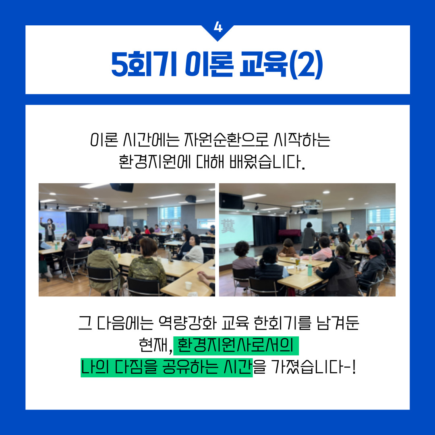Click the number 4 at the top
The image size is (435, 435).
click(218, 27)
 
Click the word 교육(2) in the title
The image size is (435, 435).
click(281, 64)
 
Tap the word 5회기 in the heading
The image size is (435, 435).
click(144, 64)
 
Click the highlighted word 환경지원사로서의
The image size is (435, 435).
click(235, 346)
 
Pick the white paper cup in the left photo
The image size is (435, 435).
click(188, 286)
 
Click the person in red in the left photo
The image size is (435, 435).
click(147, 230)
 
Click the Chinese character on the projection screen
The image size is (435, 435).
click(228, 225)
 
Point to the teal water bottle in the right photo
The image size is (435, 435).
click(310, 270)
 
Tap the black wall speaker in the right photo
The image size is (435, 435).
click(232, 201)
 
